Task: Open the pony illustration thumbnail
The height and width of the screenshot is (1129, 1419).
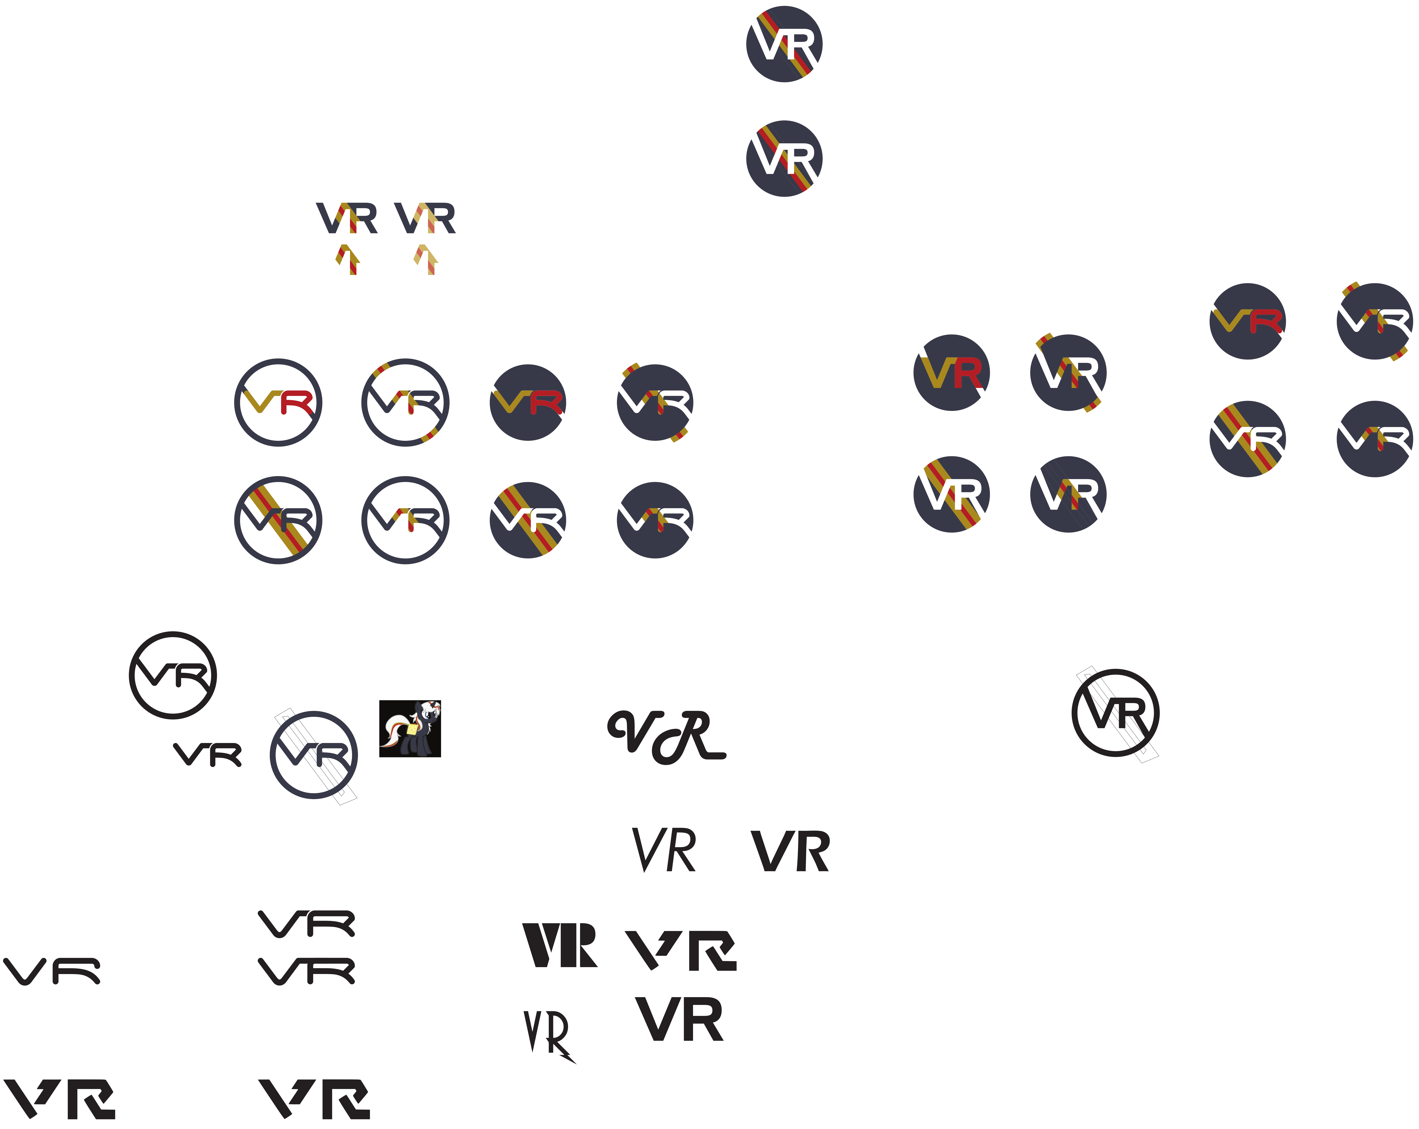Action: tap(410, 729)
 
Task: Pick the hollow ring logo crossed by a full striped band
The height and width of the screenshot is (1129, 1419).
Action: tap(278, 520)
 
